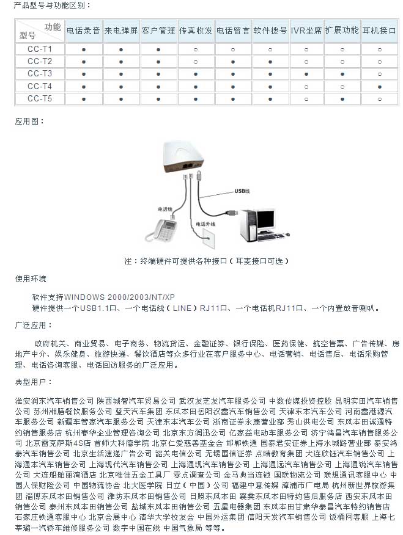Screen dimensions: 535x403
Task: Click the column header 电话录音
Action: click(x=84, y=30)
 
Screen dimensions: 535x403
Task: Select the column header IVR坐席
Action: click(x=306, y=30)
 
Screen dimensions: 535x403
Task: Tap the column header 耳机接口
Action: click(x=379, y=30)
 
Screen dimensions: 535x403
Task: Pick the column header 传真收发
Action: click(x=196, y=30)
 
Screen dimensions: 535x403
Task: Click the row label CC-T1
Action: click(x=40, y=48)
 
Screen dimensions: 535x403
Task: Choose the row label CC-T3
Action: click(x=40, y=73)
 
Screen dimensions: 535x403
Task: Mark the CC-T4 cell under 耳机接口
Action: click(x=379, y=86)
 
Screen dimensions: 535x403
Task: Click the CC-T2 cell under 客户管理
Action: click(x=158, y=61)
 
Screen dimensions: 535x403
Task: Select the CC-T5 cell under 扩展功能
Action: click(x=342, y=98)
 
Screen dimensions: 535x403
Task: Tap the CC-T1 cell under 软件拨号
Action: click(x=270, y=48)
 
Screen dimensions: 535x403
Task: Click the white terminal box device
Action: click(x=183, y=153)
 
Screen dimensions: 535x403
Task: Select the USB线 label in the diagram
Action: click(x=243, y=191)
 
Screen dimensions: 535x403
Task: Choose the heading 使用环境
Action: click(x=31, y=279)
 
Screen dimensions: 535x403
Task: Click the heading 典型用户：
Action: click(x=31, y=381)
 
